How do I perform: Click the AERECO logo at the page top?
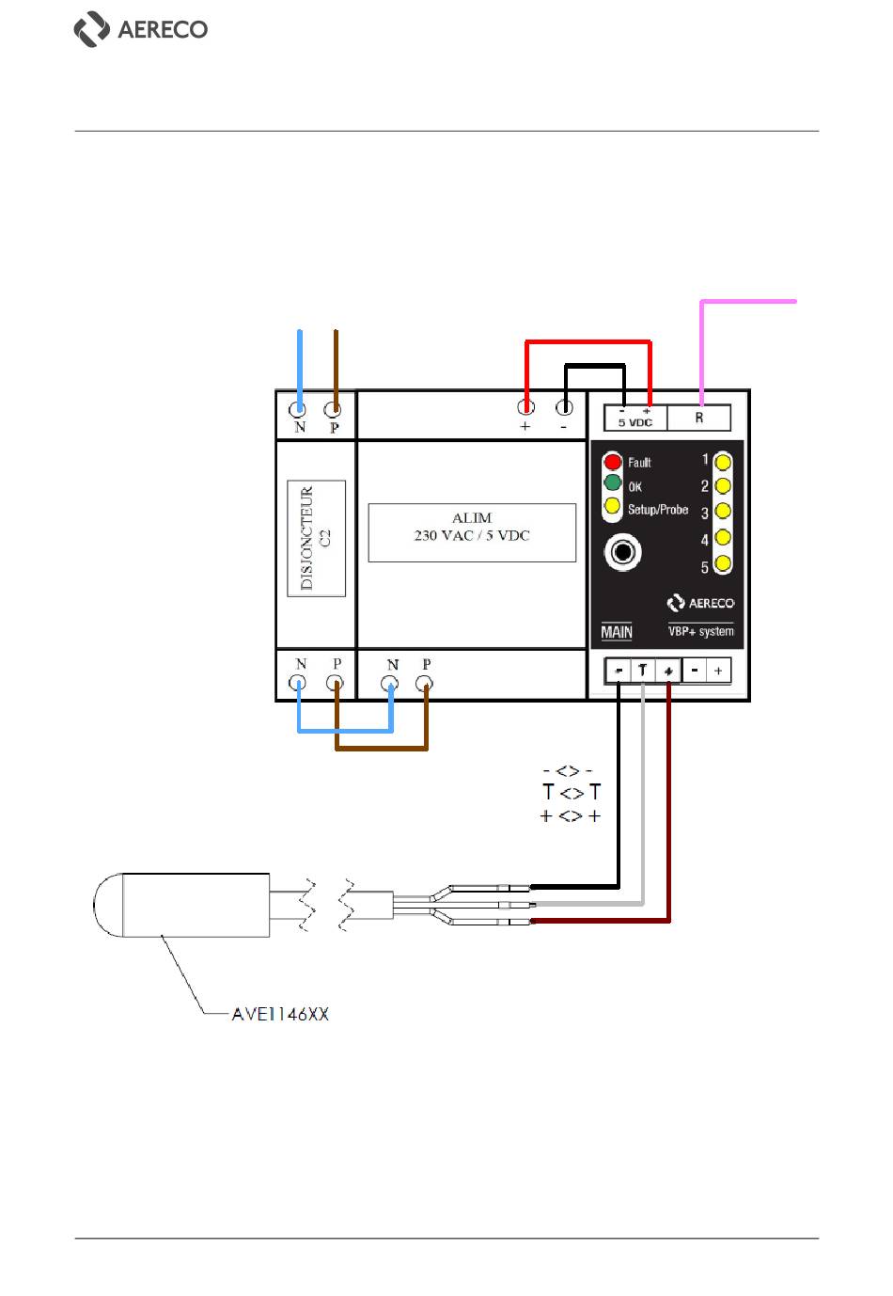click(x=140, y=29)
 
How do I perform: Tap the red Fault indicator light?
click(x=612, y=462)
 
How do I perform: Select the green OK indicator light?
click(x=612, y=482)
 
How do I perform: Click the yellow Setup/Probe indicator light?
click(x=612, y=505)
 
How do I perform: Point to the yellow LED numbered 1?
click(x=722, y=463)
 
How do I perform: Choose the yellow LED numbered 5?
click(x=722, y=563)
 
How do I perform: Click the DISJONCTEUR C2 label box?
click(x=316, y=538)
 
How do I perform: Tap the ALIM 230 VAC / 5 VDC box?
click(x=472, y=532)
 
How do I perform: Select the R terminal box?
click(x=698, y=418)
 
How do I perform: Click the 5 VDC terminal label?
click(x=635, y=423)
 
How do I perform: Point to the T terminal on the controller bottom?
click(x=642, y=671)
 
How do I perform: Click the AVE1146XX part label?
click(x=280, y=1014)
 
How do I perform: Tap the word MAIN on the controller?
click(x=617, y=632)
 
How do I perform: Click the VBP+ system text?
click(x=701, y=631)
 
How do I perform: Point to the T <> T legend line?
click(x=572, y=792)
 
